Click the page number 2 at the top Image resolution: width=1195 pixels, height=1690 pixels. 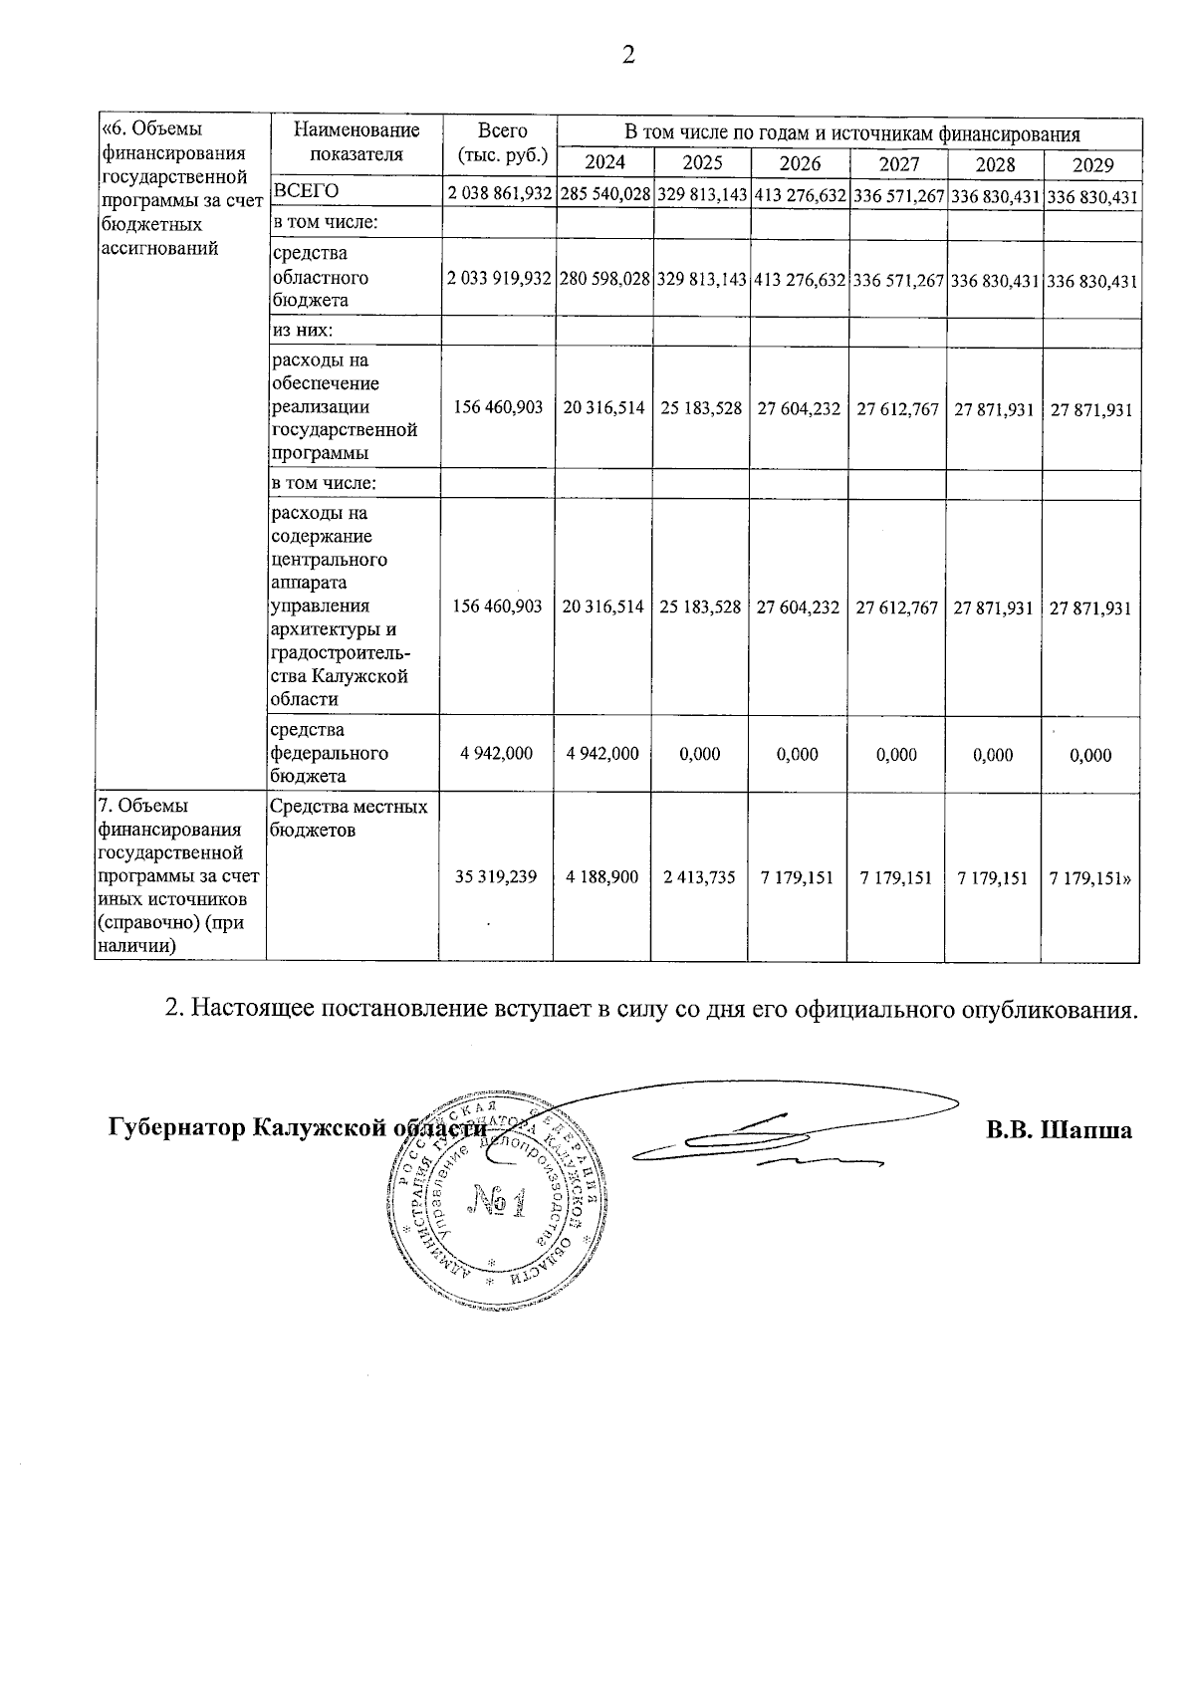(x=627, y=56)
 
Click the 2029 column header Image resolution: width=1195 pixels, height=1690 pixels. (x=1092, y=165)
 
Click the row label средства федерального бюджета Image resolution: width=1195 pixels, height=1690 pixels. (x=329, y=753)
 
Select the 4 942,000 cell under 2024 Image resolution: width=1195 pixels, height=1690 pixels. (x=602, y=754)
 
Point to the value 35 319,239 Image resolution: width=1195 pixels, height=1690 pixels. (x=496, y=877)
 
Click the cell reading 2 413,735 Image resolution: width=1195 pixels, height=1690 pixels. (x=700, y=877)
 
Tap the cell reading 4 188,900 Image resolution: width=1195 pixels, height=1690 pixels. (x=602, y=877)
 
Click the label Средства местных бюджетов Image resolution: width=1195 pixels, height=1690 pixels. (x=349, y=818)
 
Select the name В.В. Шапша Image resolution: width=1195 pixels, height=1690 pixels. (x=1060, y=1130)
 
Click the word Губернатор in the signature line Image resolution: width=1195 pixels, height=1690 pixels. (x=176, y=1129)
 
